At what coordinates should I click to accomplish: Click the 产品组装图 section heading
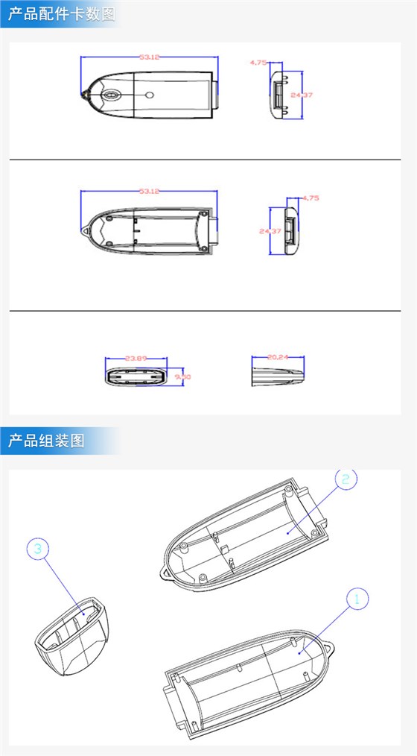(46, 441)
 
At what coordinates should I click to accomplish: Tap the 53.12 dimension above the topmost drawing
(150, 57)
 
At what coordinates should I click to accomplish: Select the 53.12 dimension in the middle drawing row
(150, 192)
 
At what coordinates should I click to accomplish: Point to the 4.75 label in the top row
(258, 63)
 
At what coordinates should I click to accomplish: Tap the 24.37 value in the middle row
(270, 231)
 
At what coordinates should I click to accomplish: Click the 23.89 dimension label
(136, 359)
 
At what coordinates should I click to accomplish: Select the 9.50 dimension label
(182, 377)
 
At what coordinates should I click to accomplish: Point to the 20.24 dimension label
(277, 358)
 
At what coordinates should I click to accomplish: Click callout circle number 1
(356, 598)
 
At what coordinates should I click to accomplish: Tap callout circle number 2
(345, 479)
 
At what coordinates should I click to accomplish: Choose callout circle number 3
(39, 549)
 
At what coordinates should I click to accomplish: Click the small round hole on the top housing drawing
(149, 95)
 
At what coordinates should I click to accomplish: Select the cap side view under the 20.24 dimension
(277, 375)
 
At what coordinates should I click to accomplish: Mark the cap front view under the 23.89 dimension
(136, 375)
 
